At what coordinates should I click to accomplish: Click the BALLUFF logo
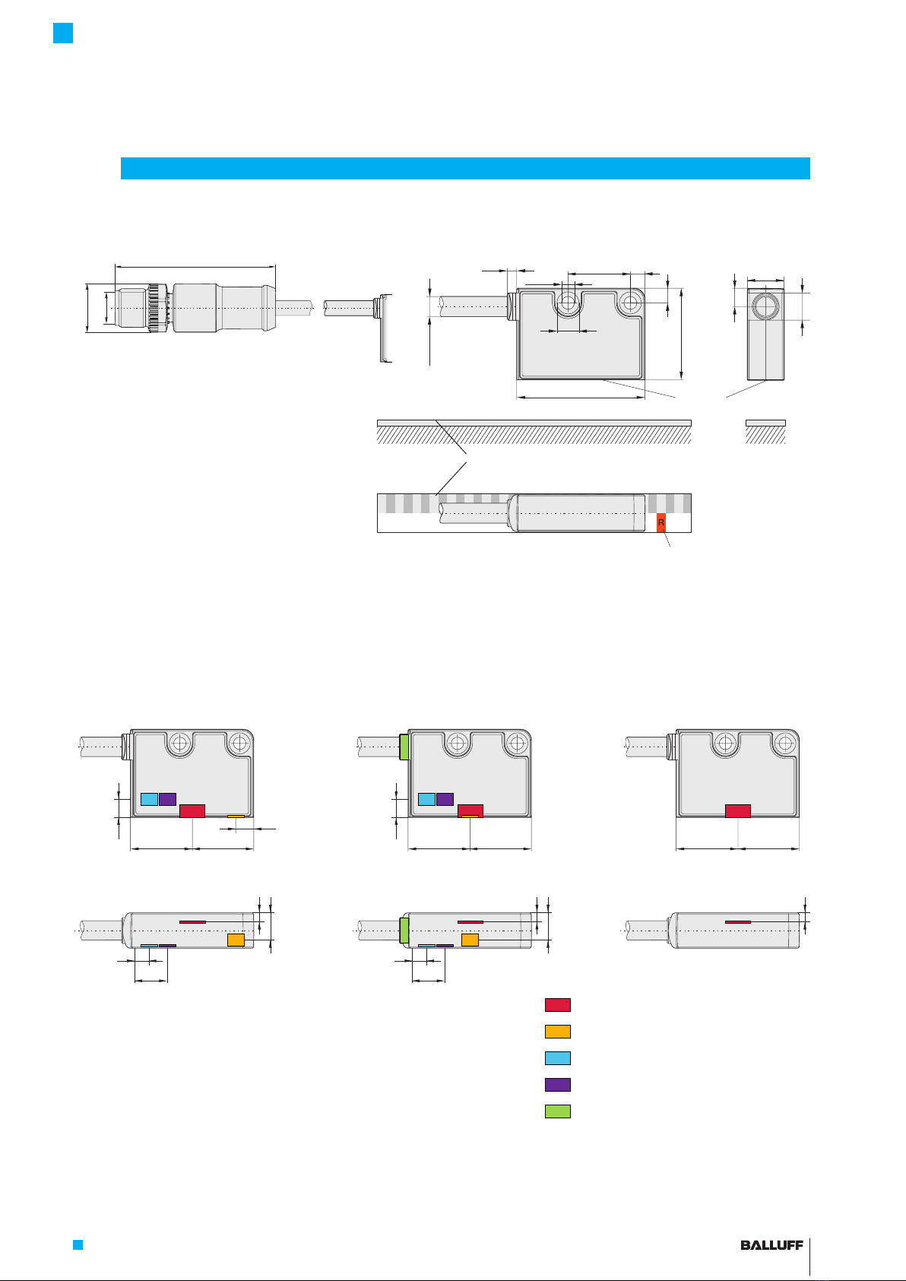(771, 1245)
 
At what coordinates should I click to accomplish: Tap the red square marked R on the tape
(661, 523)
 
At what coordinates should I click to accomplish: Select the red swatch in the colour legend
(557, 1005)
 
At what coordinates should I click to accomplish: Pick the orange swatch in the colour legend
(557, 1032)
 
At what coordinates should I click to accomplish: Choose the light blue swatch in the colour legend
(557, 1058)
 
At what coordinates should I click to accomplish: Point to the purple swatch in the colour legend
(557, 1085)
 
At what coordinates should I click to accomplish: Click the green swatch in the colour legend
(557, 1111)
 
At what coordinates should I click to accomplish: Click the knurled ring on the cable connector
(154, 308)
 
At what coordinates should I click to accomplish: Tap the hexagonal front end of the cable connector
(132, 308)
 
